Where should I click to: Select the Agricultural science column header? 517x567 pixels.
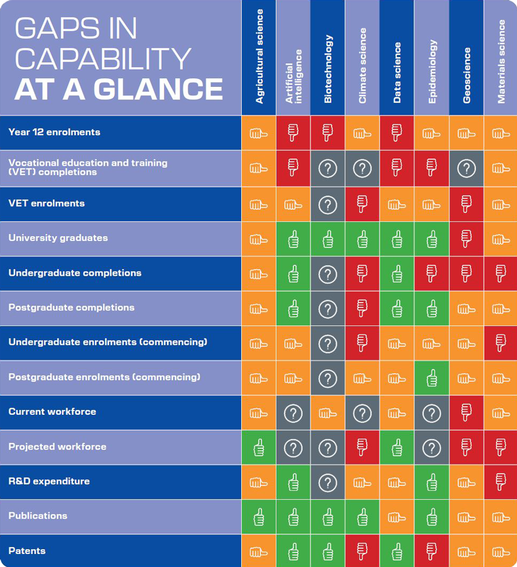pyautogui.click(x=259, y=57)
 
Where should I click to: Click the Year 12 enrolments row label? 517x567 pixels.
pyautogui.click(x=54, y=132)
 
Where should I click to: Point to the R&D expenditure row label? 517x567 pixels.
pyautogui.click(x=49, y=481)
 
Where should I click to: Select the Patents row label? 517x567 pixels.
pyautogui.click(x=27, y=551)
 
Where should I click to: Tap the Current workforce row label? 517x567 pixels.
pyautogui.click(x=52, y=412)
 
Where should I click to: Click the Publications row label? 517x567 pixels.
pyautogui.click(x=38, y=515)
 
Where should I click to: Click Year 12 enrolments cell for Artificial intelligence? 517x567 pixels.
pyautogui.click(x=293, y=133)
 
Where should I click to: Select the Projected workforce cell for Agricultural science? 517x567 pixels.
pyautogui.click(x=258, y=447)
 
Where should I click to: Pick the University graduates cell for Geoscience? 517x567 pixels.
pyautogui.click(x=466, y=238)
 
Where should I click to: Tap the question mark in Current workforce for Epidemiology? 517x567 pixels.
pyautogui.click(x=432, y=412)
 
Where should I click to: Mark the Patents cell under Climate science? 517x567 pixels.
pyautogui.click(x=362, y=551)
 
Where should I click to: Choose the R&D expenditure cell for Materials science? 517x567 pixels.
pyautogui.click(x=501, y=482)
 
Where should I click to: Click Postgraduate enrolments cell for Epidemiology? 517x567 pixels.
pyautogui.click(x=432, y=378)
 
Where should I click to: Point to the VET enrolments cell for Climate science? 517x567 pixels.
pyautogui.click(x=362, y=204)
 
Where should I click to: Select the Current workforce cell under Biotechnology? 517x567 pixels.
pyautogui.click(x=327, y=412)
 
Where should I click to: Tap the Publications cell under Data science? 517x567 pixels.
pyautogui.click(x=397, y=517)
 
